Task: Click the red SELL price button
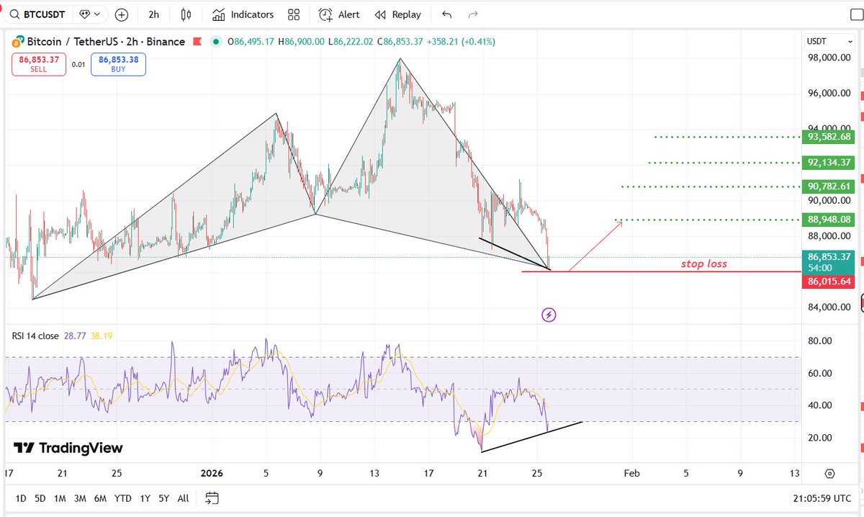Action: [x=39, y=64]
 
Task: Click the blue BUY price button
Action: [x=118, y=64]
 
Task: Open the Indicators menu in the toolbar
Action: [x=243, y=14]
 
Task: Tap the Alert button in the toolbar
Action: [x=338, y=14]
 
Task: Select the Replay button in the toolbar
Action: [x=397, y=14]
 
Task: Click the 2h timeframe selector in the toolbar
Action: [x=153, y=14]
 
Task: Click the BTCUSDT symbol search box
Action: [x=37, y=14]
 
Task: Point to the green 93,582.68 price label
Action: [x=829, y=137]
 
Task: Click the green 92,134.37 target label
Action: [x=829, y=163]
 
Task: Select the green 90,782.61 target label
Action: [x=829, y=186]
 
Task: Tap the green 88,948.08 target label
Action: [x=829, y=220]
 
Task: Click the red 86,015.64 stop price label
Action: [x=829, y=282]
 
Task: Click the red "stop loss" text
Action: [x=704, y=264]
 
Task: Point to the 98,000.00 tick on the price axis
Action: [x=829, y=58]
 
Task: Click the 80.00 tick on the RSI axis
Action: [x=820, y=341]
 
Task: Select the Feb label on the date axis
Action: [x=631, y=473]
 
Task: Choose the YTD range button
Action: [x=122, y=498]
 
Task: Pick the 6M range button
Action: [x=100, y=498]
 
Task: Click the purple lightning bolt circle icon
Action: [x=549, y=315]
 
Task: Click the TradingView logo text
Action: [x=68, y=448]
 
